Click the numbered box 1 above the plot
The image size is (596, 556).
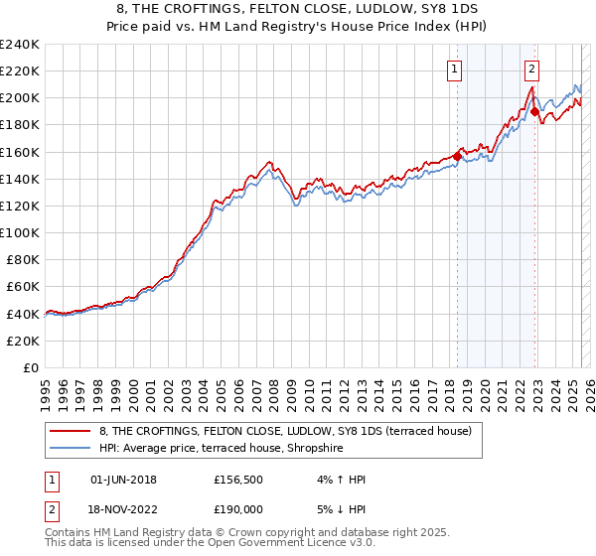pyautogui.click(x=454, y=69)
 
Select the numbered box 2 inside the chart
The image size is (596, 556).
pyautogui.click(x=532, y=69)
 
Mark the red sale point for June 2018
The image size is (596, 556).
pyautogui.click(x=458, y=155)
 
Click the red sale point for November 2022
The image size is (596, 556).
pyautogui.click(x=535, y=112)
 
